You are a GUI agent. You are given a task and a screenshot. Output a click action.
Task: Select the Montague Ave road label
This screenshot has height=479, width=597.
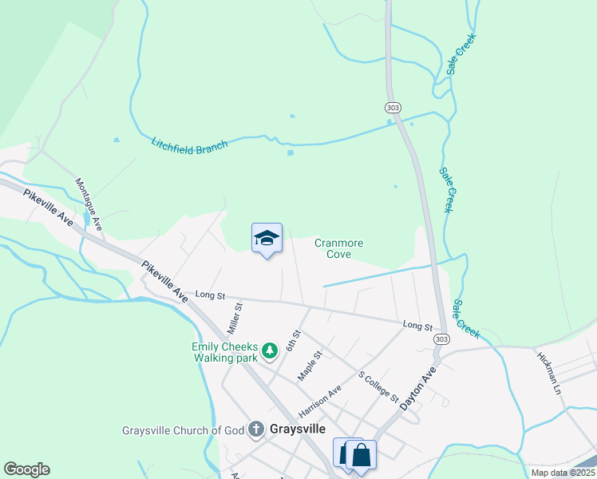coord(89,204)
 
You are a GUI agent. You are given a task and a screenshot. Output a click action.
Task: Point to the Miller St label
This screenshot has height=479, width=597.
coord(235,318)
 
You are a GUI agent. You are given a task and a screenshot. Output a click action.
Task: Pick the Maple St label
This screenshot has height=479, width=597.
coord(309,364)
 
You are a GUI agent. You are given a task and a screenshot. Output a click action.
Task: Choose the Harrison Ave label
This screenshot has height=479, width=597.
coord(319,401)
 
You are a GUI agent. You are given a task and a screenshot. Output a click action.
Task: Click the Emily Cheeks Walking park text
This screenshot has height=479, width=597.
coord(225,352)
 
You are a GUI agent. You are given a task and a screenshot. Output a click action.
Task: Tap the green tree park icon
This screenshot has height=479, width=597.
coord(270,350)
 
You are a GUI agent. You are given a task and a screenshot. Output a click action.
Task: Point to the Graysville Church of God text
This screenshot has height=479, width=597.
coord(183,430)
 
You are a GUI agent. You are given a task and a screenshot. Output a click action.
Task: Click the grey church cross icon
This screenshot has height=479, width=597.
coord(256,430)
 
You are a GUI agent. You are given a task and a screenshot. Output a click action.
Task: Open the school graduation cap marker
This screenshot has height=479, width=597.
coord(267,238)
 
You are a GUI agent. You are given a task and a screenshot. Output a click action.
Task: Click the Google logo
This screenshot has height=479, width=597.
coord(26,469)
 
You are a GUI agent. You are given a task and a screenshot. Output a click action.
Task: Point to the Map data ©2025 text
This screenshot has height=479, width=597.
coord(563,473)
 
